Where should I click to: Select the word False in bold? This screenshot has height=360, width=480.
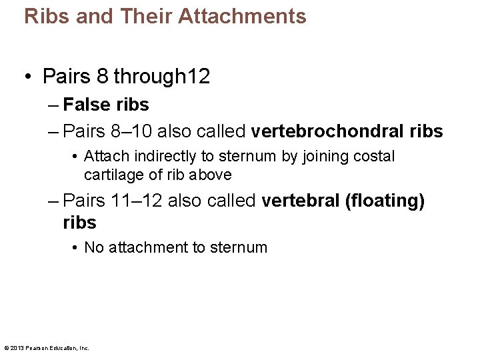(x=86, y=105)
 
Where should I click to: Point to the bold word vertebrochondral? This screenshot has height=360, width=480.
(x=332, y=131)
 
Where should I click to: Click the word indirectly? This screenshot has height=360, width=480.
(x=168, y=157)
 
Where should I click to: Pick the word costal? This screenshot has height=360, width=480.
(x=375, y=157)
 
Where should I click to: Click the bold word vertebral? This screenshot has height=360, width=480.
(x=300, y=201)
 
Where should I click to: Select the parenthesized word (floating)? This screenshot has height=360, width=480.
(x=385, y=201)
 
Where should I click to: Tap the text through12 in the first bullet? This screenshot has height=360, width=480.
(x=162, y=77)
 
